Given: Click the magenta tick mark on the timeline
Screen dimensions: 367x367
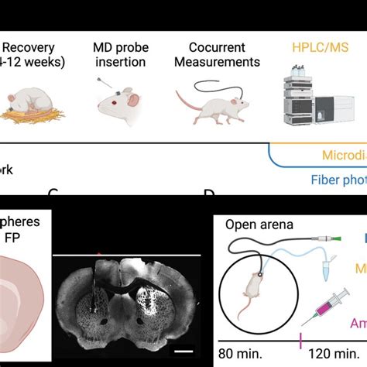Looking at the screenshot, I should (299, 338).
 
